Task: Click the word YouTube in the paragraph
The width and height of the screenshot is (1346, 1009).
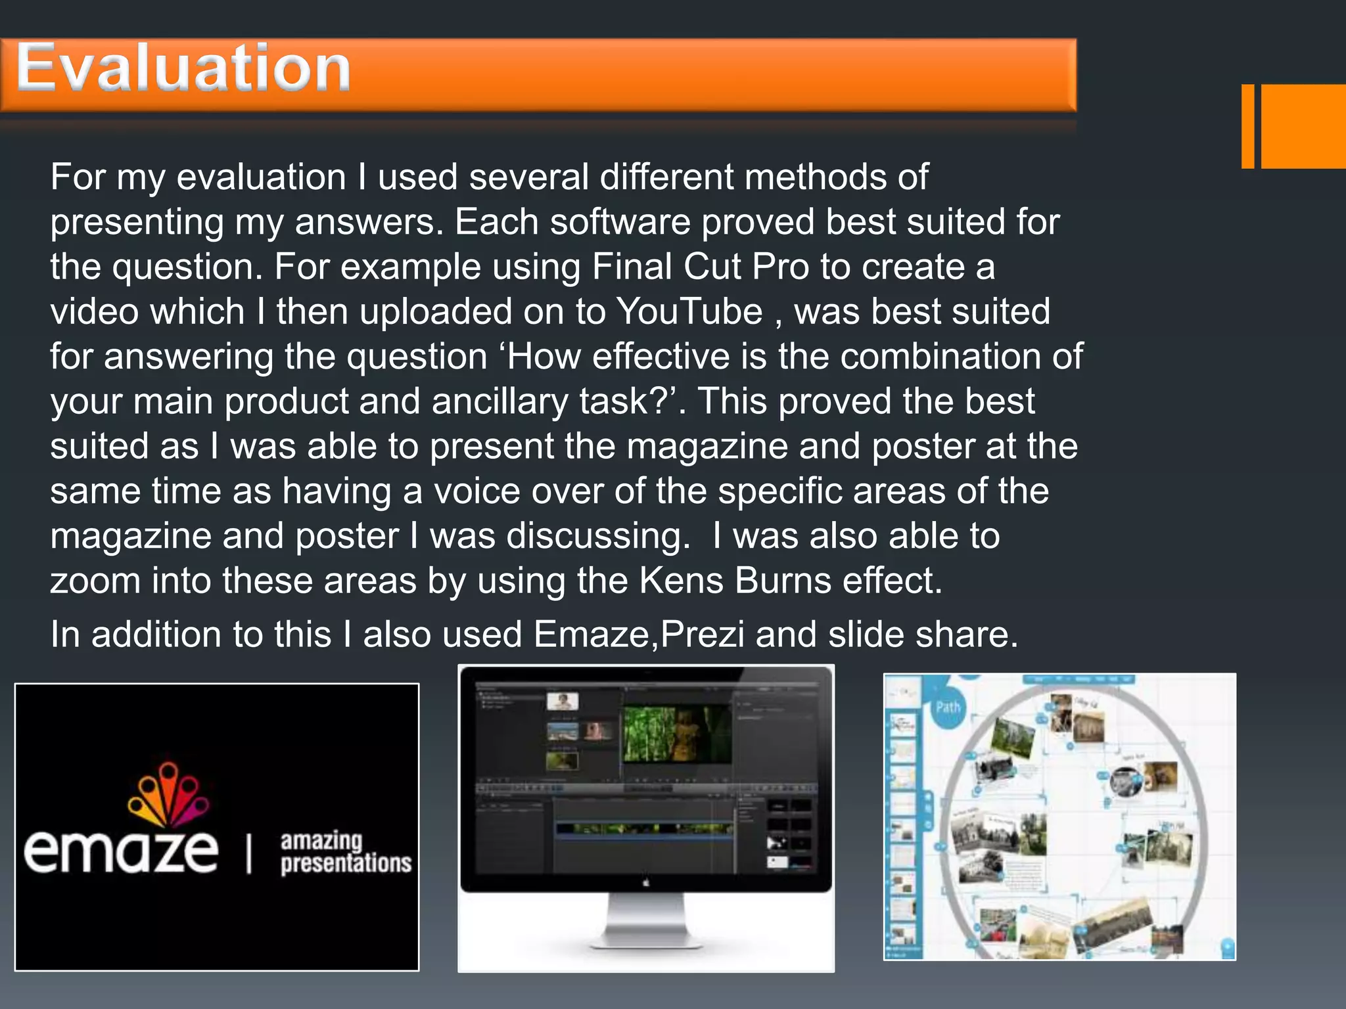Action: click(x=689, y=311)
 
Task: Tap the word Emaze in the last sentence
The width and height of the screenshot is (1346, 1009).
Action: click(x=593, y=635)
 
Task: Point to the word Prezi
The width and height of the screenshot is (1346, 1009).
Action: click(x=703, y=635)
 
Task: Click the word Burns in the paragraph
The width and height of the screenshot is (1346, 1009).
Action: click(x=783, y=581)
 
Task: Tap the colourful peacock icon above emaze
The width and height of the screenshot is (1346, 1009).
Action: click(x=168, y=794)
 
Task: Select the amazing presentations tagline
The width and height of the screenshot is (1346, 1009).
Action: click(x=345, y=852)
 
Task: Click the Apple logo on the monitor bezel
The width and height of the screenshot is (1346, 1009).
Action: click(x=646, y=883)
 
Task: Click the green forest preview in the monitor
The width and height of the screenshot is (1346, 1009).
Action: click(x=676, y=734)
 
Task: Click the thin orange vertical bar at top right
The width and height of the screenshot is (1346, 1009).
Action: click(x=1247, y=126)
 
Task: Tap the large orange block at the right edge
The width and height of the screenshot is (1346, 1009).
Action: click(x=1303, y=126)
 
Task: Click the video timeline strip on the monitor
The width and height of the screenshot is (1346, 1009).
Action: click(x=644, y=829)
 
